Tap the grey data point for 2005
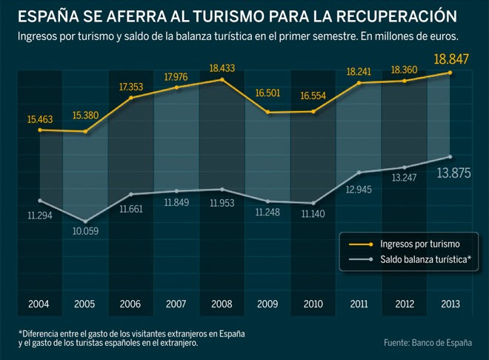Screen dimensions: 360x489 click(86, 221)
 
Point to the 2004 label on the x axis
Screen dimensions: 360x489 click(39, 303)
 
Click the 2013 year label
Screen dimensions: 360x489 click(449, 303)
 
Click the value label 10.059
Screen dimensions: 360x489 click(84, 231)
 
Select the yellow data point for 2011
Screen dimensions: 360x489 click(359, 83)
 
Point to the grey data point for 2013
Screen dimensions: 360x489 click(450, 156)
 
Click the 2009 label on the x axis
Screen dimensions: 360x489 click(267, 303)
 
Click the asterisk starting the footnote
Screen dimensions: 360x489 click(20, 333)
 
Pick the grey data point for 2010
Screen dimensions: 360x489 click(314, 203)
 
